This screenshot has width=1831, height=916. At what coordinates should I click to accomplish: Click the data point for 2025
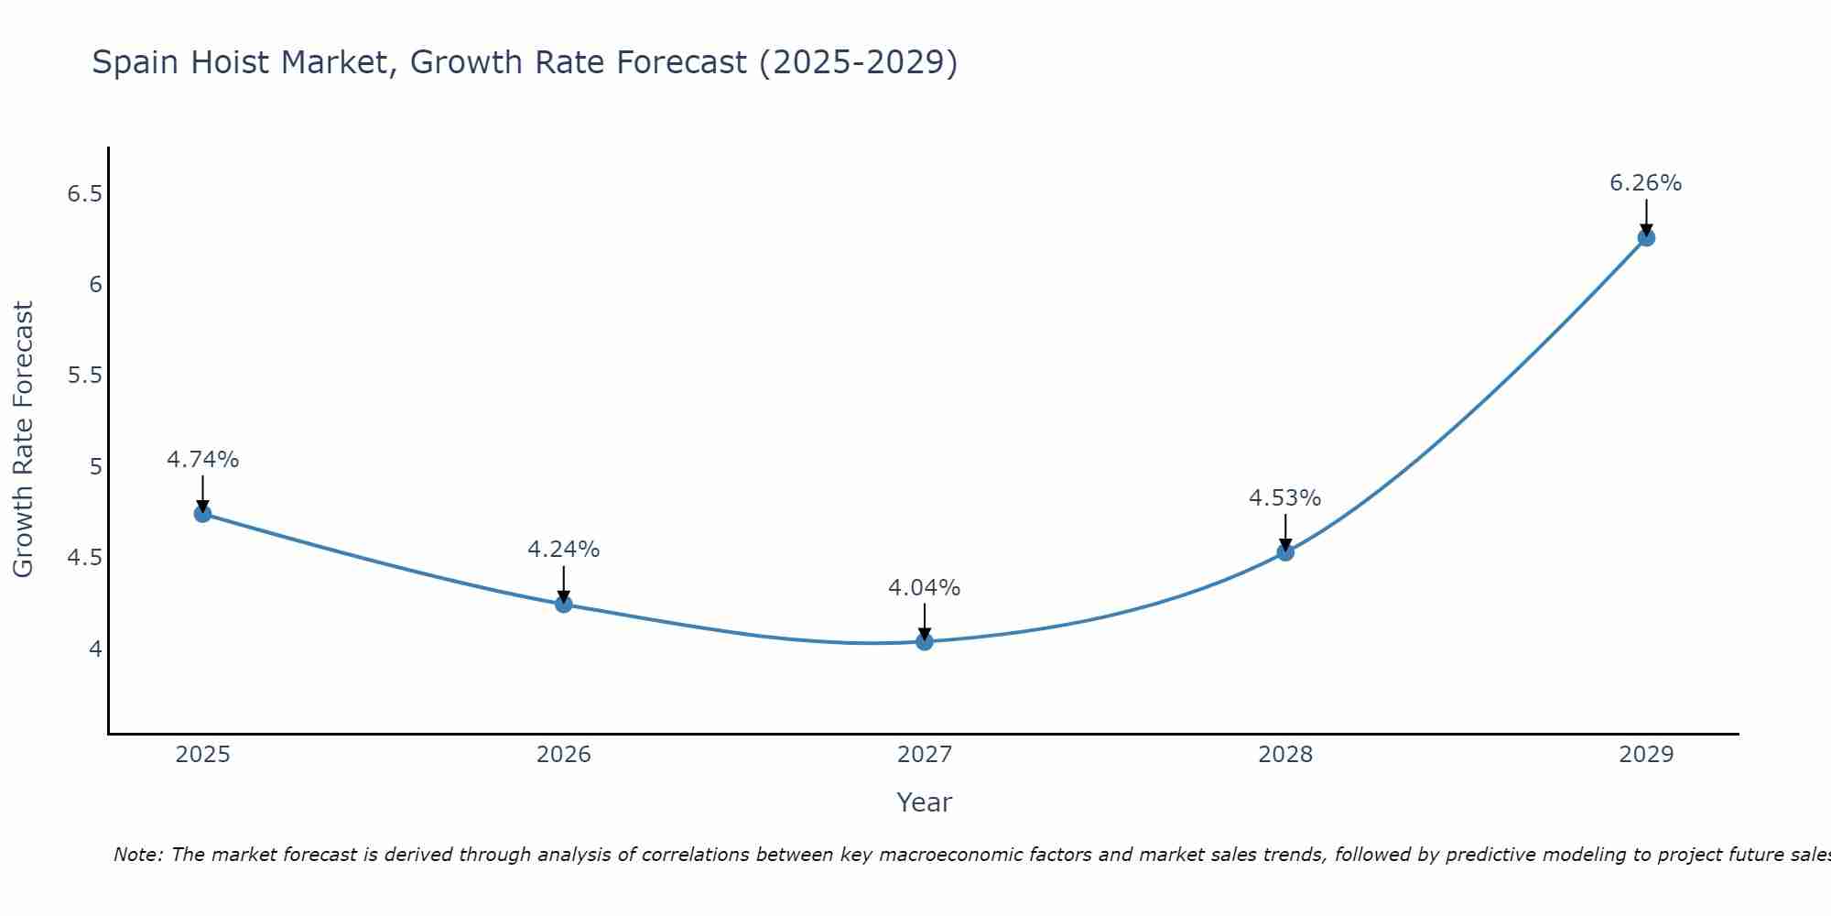pos(202,514)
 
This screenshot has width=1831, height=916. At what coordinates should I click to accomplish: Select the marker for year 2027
pos(924,642)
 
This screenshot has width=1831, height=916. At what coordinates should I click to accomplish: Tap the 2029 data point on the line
pos(1645,238)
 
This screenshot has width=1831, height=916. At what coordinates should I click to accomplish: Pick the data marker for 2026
pos(563,605)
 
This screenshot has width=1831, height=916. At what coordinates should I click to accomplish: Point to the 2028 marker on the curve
pos(1284,552)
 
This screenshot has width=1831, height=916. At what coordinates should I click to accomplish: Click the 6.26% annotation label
pos(1645,183)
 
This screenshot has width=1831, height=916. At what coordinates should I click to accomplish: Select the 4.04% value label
pos(924,588)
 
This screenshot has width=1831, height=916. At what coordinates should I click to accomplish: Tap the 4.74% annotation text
pos(202,460)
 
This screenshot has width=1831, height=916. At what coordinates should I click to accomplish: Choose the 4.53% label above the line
pos(1284,498)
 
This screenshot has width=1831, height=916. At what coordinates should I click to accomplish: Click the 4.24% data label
pos(563,550)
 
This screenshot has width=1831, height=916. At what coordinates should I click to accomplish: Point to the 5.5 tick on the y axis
pos(85,376)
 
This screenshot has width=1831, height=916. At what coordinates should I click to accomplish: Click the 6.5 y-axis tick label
pos(85,194)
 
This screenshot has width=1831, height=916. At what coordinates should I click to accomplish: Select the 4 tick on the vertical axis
pos(95,649)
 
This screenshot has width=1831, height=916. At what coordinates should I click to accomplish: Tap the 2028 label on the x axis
pos(1284,755)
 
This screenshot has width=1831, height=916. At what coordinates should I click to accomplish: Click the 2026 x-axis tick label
pos(563,755)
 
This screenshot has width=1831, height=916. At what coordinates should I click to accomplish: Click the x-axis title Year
pos(924,802)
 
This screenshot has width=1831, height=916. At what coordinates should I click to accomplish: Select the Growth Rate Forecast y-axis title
pos(24,440)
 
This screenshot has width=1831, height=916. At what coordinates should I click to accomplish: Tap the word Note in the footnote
pos(135,855)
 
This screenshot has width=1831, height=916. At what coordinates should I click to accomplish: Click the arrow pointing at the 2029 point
pos(1645,216)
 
